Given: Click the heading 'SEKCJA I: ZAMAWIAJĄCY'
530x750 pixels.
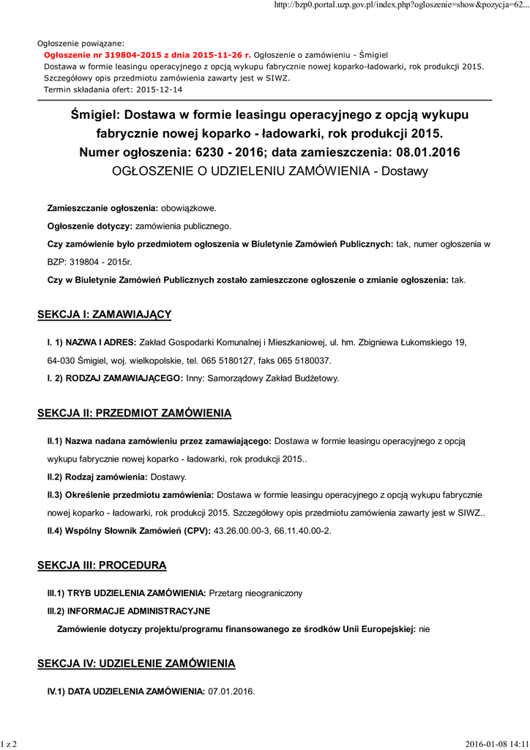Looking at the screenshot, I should point(104,314).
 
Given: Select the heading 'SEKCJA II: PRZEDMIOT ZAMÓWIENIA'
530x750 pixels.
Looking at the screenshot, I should point(134,414).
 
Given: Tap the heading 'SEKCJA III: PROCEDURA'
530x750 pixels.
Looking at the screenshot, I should point(102,565).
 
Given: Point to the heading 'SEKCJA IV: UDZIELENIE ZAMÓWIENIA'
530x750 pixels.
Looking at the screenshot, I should point(136,664).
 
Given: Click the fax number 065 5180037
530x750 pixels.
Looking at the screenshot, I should point(305,360).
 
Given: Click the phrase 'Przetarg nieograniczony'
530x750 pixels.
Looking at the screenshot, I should point(255,593).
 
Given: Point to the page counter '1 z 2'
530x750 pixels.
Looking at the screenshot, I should point(9,744).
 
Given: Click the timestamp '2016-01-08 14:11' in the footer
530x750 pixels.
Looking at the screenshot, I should point(497,744).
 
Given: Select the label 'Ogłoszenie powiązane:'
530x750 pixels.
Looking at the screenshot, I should point(81,43).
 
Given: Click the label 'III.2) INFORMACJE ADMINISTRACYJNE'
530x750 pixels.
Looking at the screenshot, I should point(129,610).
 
